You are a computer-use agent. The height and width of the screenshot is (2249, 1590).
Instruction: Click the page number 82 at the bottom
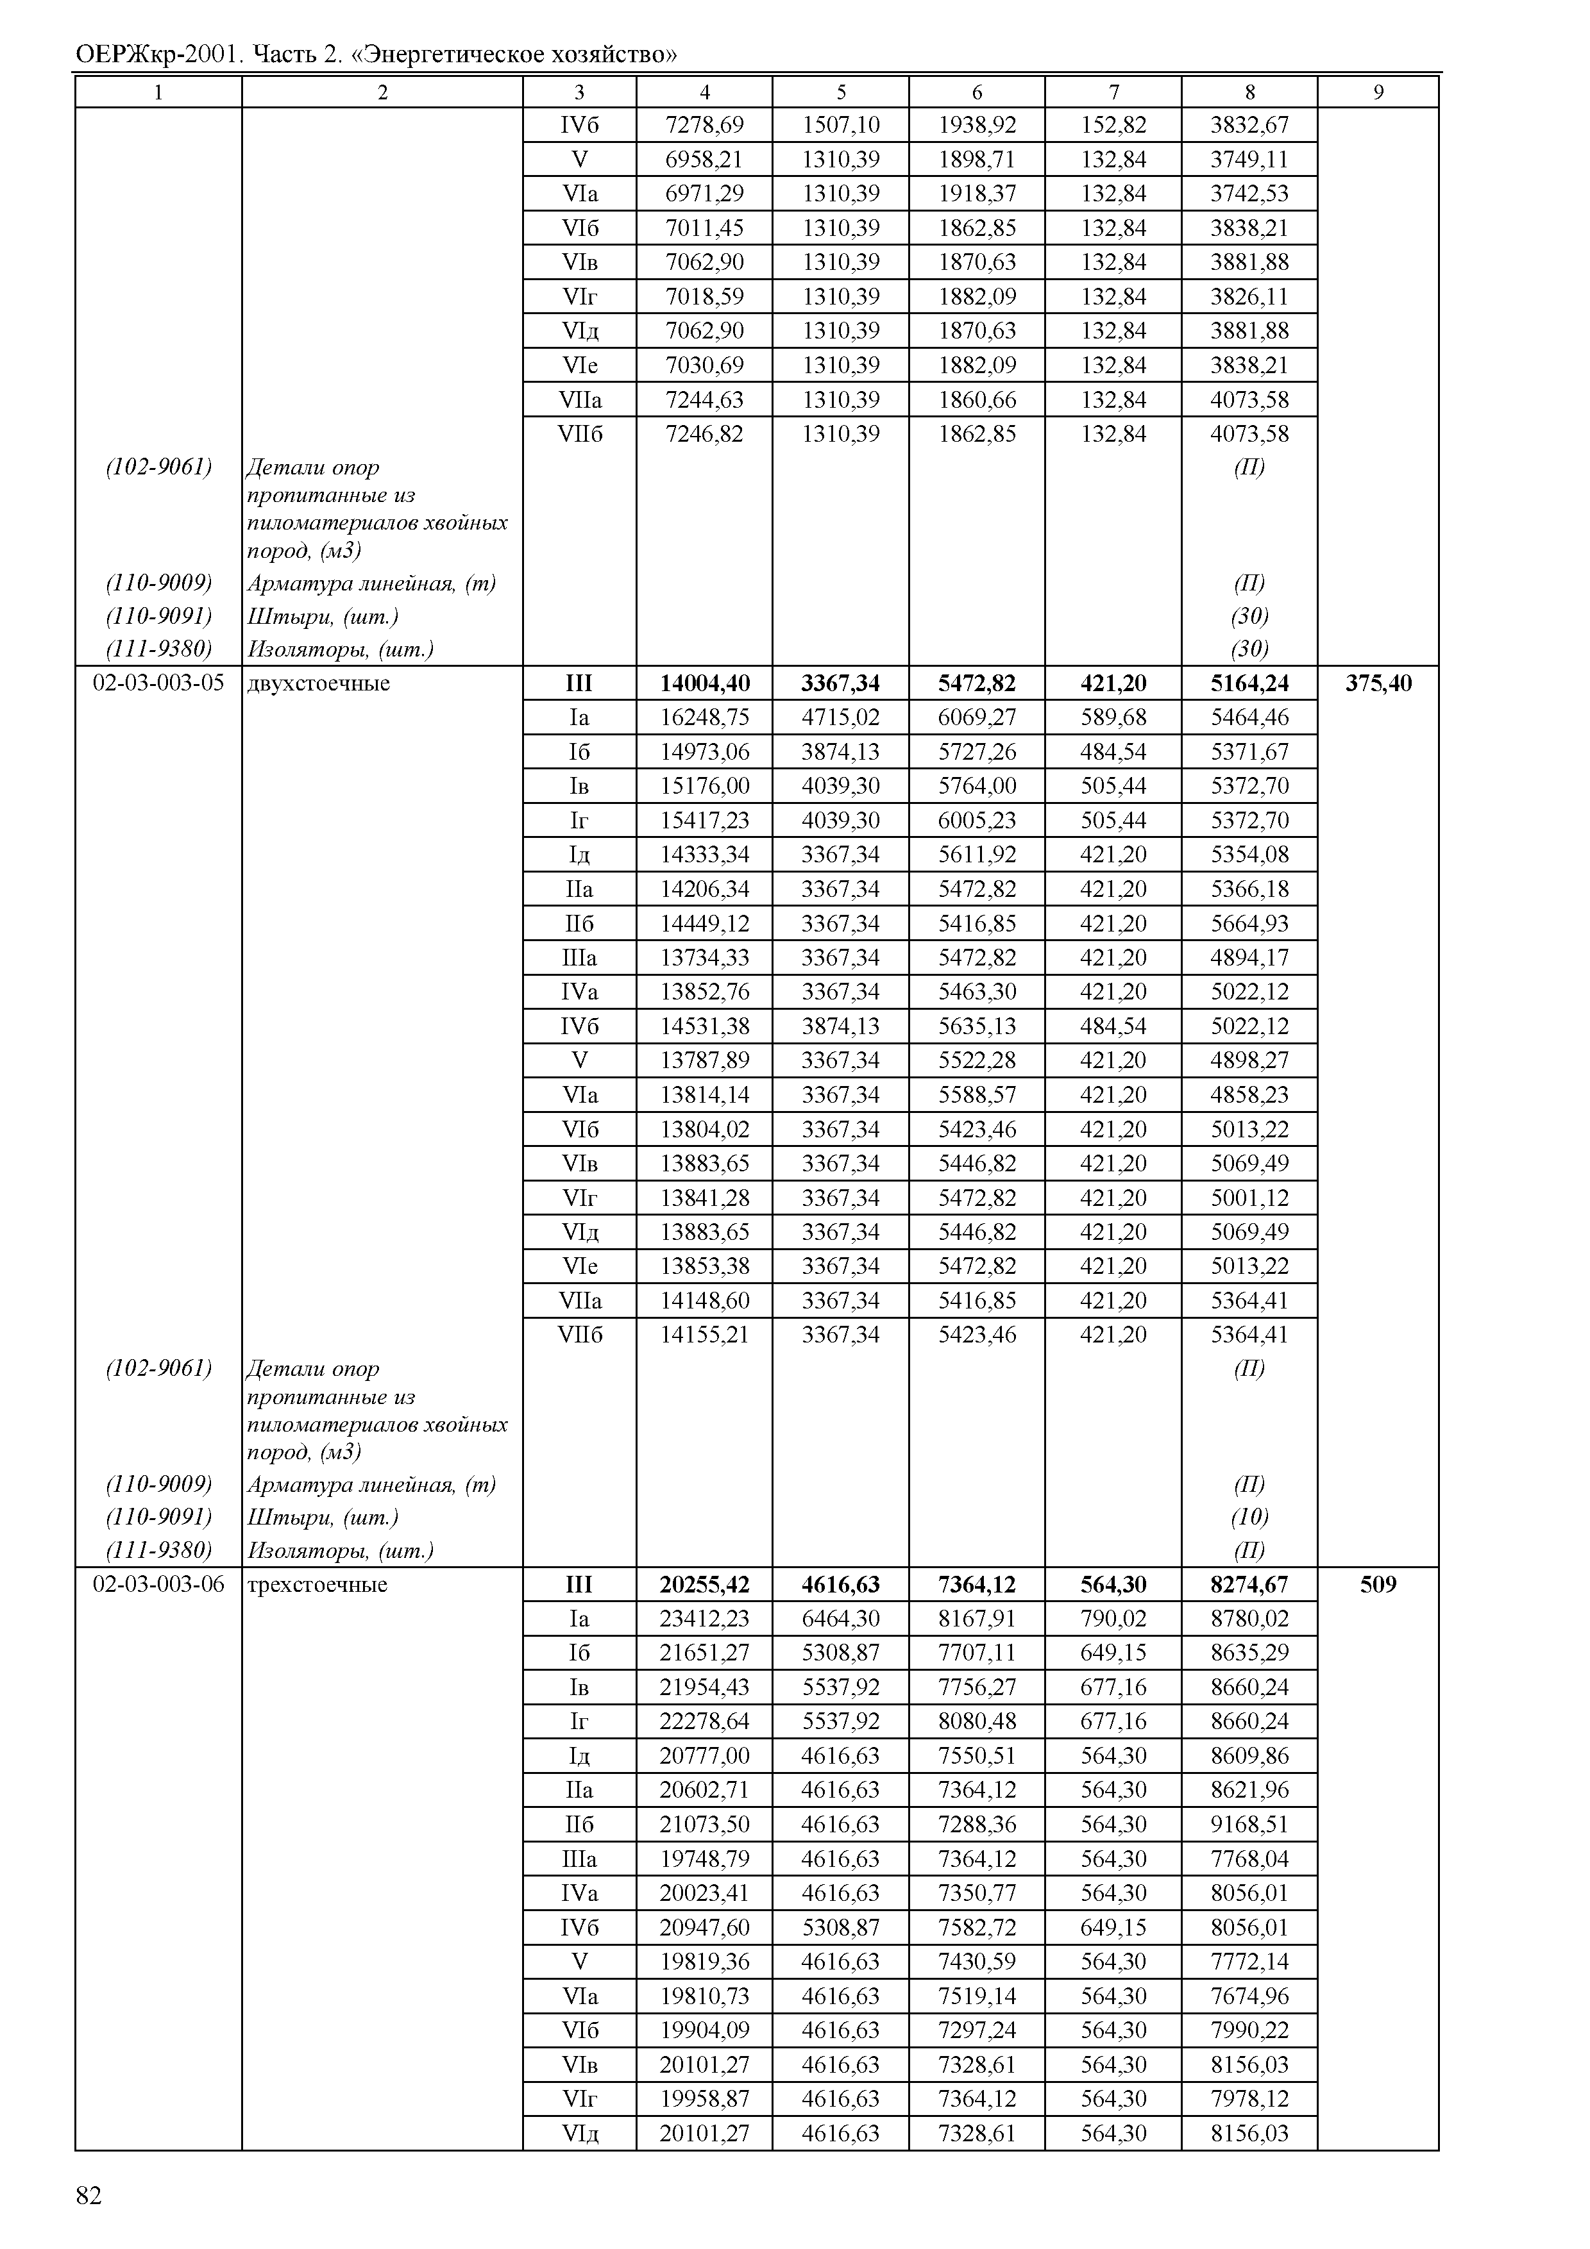click(x=88, y=2196)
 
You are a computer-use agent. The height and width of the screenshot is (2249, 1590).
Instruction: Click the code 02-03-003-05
click(x=158, y=683)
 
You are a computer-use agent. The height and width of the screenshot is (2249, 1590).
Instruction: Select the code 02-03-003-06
click(x=158, y=1584)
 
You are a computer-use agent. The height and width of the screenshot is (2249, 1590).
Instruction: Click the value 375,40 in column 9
click(x=1378, y=683)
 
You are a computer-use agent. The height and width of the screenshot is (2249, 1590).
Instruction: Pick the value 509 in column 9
click(x=1378, y=1584)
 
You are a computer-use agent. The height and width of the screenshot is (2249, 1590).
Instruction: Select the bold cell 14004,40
click(x=704, y=683)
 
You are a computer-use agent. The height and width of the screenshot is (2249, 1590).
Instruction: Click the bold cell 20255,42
click(x=704, y=1584)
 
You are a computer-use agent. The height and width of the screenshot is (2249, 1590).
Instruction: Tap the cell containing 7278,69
click(x=704, y=124)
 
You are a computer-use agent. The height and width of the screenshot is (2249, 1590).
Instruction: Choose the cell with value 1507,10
click(x=841, y=124)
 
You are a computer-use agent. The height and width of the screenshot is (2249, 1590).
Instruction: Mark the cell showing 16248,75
click(x=704, y=717)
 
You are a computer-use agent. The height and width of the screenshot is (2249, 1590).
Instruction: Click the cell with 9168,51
click(x=1249, y=1824)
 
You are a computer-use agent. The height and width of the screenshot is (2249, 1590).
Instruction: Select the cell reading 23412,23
click(x=704, y=1618)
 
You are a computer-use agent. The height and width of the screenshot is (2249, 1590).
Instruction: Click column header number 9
click(x=1378, y=92)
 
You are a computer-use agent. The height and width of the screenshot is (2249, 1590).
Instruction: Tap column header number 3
click(x=579, y=92)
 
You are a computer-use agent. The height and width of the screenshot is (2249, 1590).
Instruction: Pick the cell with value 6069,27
click(x=977, y=717)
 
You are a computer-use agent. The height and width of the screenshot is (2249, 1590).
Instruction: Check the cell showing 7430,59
click(x=977, y=1961)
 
